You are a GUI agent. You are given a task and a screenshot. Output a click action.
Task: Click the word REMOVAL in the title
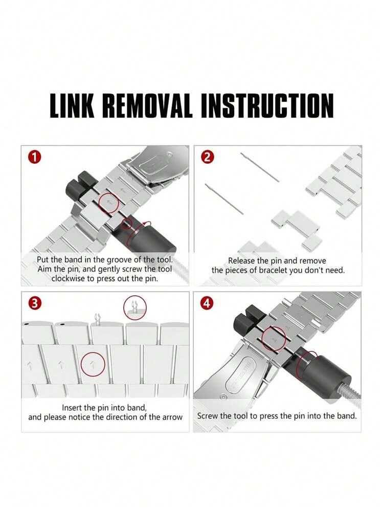(x=147, y=105)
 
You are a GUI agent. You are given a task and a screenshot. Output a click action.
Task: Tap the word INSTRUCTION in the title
(x=267, y=105)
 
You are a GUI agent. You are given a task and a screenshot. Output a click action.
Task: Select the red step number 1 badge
(x=35, y=158)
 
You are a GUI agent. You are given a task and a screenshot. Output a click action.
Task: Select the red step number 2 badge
(x=208, y=158)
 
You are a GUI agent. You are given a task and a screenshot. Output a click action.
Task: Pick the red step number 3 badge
(x=35, y=303)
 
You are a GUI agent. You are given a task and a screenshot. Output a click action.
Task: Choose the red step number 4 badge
(x=207, y=303)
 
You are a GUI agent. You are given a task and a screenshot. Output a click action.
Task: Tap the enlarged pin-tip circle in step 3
(x=135, y=307)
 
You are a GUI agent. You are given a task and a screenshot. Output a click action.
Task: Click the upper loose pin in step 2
(x=260, y=167)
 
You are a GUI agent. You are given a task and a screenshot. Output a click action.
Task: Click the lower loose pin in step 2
(x=224, y=199)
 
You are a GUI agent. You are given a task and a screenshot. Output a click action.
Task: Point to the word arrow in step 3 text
(x=172, y=417)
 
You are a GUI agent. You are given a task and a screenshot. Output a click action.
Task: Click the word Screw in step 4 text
(x=208, y=416)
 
